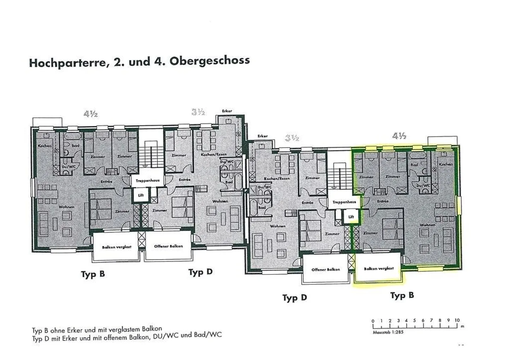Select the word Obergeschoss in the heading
(209, 61)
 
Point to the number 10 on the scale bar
(457, 320)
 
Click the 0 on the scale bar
(373, 321)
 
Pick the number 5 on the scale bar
(414, 320)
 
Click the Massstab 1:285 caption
(388, 332)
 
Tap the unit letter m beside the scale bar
(462, 326)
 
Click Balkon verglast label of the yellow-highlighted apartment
(379, 269)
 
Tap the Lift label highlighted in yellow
(351, 217)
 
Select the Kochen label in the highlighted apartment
(445, 164)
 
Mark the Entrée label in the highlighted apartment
(382, 201)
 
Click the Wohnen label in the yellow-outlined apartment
(427, 225)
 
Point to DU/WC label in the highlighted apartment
(422, 185)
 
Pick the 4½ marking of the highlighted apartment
(399, 136)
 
